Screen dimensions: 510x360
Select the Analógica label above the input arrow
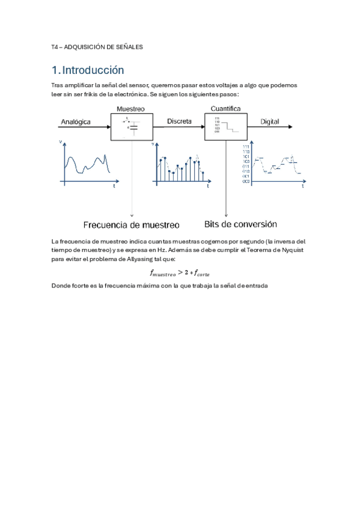point(76,121)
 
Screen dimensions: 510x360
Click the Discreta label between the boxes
point(179,121)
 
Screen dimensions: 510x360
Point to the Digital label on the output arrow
point(269,121)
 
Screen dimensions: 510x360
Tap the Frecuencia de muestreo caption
point(131,225)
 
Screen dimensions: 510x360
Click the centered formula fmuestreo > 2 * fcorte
point(180,272)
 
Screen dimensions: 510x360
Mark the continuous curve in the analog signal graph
point(88,162)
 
